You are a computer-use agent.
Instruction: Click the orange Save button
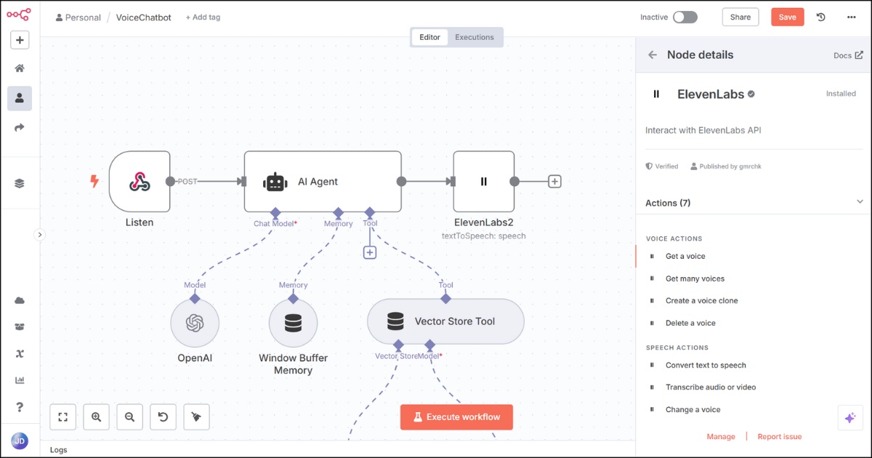(787, 17)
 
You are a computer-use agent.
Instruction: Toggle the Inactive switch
(685, 17)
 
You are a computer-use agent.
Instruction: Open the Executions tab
(474, 37)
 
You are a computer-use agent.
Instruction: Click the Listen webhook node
(140, 182)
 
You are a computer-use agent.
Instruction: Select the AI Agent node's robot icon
(275, 182)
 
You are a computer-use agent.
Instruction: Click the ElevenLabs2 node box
(483, 182)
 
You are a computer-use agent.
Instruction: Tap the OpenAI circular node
(195, 323)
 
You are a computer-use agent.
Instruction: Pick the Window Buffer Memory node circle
(293, 323)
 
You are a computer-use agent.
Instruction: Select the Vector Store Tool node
(445, 321)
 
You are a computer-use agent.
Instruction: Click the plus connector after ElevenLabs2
(554, 182)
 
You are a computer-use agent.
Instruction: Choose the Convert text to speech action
(706, 366)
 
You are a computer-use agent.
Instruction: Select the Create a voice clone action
(701, 301)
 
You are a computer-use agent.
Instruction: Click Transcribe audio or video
(711, 387)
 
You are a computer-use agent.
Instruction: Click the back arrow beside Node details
(653, 55)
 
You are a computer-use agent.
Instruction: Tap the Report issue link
(780, 437)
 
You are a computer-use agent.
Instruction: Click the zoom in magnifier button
(96, 417)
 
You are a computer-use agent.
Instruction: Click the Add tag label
(203, 17)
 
